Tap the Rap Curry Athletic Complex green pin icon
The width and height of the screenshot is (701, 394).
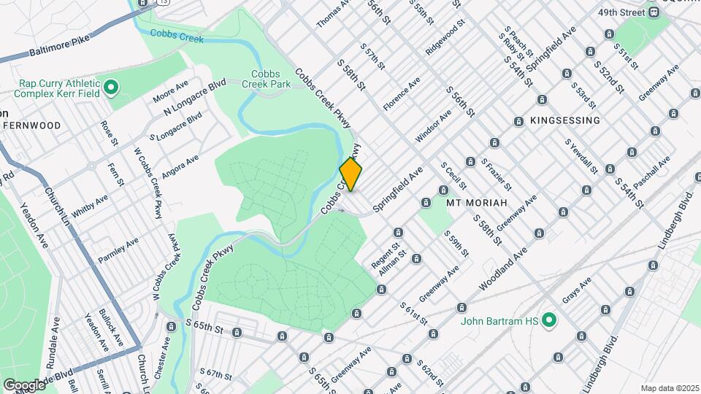[x=111, y=88]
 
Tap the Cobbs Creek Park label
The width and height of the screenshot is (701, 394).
[x=271, y=79]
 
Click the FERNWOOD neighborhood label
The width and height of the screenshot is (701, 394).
[x=32, y=125]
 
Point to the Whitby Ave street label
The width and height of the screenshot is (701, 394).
[x=90, y=202]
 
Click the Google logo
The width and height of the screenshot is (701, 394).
[x=24, y=385]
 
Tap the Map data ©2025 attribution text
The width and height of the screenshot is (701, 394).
[x=668, y=388]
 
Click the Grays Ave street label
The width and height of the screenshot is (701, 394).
[x=575, y=291]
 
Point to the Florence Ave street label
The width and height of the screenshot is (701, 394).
[x=402, y=93]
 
